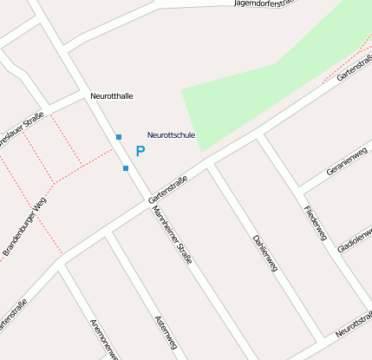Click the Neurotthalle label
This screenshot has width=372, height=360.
coord(112,96)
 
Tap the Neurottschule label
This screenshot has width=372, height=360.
coord(171,135)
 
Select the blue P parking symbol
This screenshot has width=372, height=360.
coord(140,151)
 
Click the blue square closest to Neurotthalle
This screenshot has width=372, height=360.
coord(119,137)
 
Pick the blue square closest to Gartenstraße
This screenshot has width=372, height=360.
coord(126,167)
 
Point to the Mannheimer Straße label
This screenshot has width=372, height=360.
coord(172,234)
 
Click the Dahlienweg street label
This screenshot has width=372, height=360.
coord(264,252)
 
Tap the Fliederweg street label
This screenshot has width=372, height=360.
coord(314,224)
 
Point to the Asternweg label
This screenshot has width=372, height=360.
coord(164,333)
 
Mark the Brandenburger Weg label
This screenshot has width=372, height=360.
coord(24,226)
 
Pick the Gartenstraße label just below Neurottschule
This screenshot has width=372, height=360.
coord(167,185)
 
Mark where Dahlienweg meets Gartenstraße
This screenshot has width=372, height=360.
coord(211,162)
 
